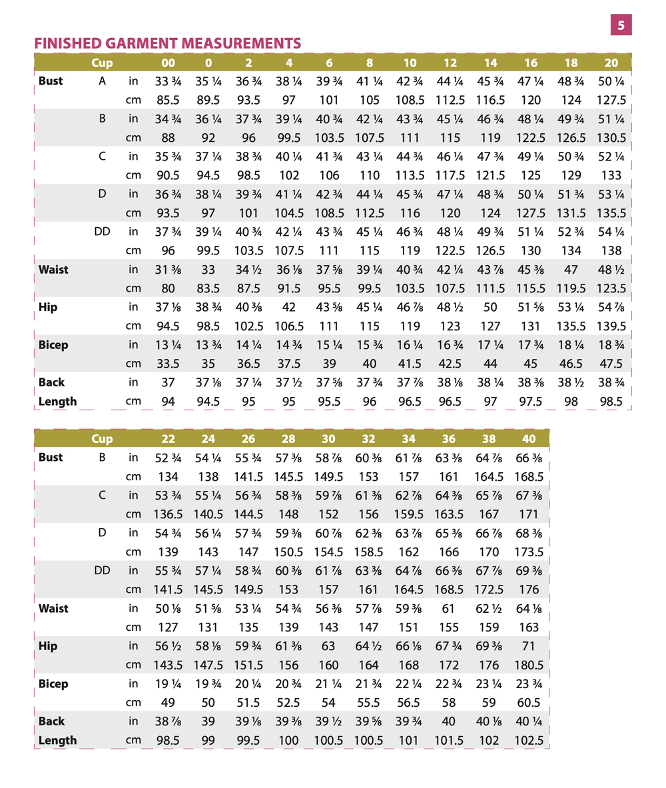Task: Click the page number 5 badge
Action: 621,25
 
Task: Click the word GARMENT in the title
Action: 155,43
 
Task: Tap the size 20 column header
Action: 611,63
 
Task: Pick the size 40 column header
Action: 529,439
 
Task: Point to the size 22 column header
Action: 168,439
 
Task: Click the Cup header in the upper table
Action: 102,63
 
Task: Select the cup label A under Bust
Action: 103,81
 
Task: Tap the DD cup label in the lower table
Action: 102,571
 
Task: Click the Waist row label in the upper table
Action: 53,270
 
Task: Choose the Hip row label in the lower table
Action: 48,646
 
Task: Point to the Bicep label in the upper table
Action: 53,345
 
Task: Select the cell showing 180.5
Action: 529,665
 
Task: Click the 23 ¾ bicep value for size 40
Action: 529,683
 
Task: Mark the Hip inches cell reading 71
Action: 529,646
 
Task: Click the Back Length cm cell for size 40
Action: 529,740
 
